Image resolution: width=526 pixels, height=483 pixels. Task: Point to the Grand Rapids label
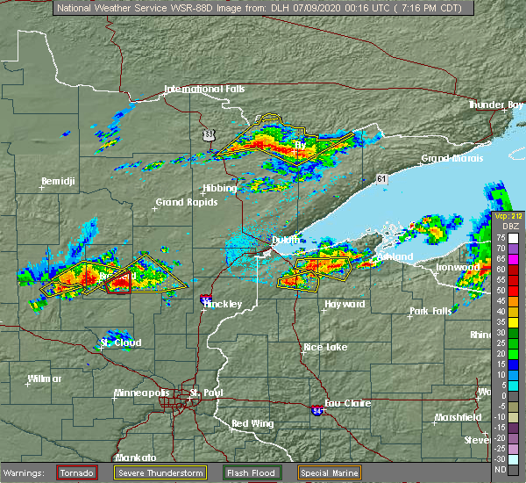(x=183, y=202)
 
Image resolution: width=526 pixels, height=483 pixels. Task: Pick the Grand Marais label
(x=449, y=159)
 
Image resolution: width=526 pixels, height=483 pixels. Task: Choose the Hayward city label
(x=345, y=304)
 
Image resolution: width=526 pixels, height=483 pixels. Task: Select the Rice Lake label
(x=324, y=347)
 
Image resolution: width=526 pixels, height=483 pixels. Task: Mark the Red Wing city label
(x=252, y=423)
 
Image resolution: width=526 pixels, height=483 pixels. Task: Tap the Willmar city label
(x=44, y=378)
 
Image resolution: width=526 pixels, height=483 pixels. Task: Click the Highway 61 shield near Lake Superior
(x=380, y=178)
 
